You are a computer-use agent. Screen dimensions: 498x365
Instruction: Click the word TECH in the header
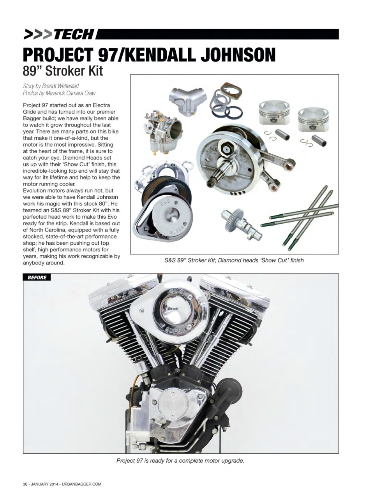pos(74,34)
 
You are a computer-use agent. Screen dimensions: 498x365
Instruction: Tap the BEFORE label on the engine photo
pos(37,277)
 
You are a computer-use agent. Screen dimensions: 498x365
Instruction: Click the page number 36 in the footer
pos(25,484)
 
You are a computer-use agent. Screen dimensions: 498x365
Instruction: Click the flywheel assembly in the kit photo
pos(226,160)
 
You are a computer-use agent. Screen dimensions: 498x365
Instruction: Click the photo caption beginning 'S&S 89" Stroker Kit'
pos(234,260)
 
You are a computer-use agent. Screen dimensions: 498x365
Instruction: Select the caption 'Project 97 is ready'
pos(180,461)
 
